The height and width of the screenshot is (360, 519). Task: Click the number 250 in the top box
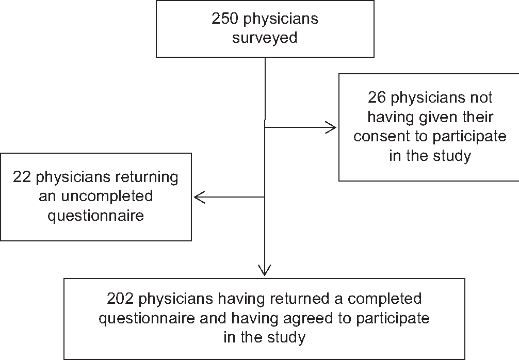(x=225, y=18)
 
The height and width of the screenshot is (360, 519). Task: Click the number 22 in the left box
(x=22, y=177)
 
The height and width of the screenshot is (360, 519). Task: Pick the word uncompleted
(x=107, y=196)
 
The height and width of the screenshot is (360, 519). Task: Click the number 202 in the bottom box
(x=120, y=299)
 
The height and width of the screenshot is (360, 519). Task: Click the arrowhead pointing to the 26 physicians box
(x=331, y=127)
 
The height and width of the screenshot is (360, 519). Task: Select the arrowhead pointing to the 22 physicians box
(x=200, y=197)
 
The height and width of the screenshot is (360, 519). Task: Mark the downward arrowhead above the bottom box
(x=265, y=270)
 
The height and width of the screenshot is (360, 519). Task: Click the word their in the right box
(x=477, y=117)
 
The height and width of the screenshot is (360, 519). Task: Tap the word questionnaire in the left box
(x=96, y=216)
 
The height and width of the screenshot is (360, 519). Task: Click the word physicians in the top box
(x=281, y=19)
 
